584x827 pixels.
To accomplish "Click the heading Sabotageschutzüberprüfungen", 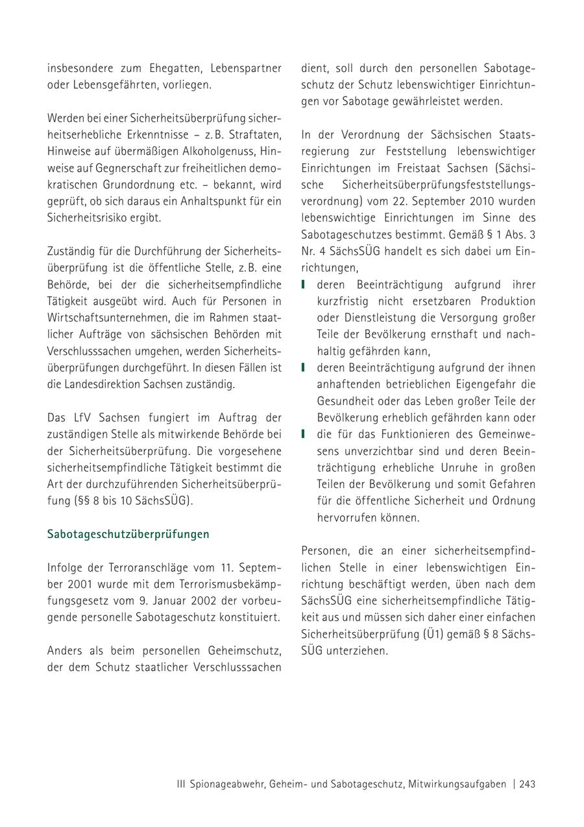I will pyautogui.click(x=128, y=535).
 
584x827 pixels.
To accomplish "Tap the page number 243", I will pyautogui.click(x=528, y=784).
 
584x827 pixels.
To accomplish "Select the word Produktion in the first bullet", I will pyautogui.click(x=508, y=301).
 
